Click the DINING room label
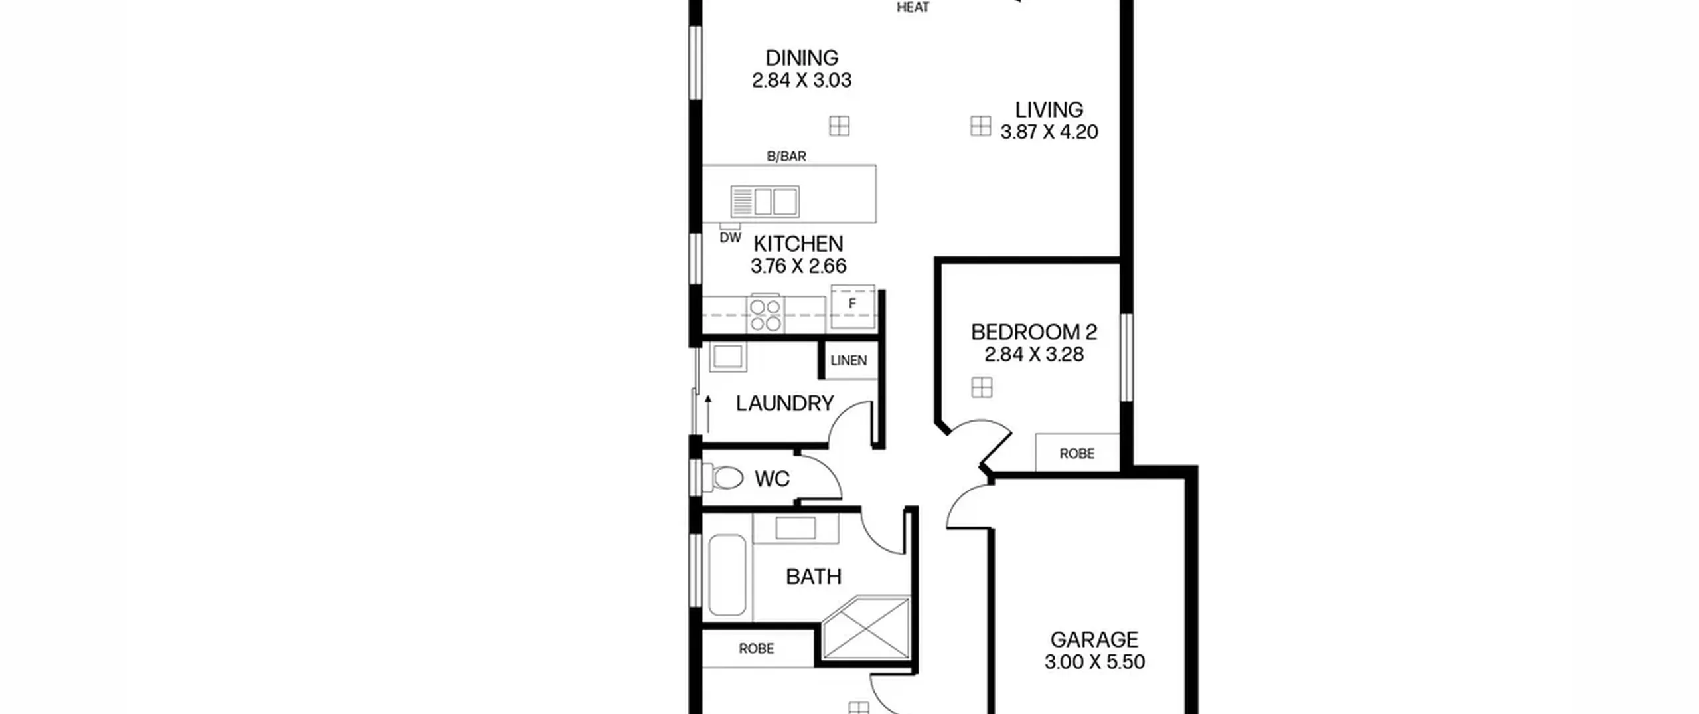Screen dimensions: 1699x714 click(x=802, y=58)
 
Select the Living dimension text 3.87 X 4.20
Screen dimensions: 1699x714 click(x=1049, y=132)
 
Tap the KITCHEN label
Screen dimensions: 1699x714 click(x=798, y=244)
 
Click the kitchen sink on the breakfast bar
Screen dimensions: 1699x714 click(x=765, y=201)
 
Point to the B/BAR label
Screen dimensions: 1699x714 click(x=786, y=156)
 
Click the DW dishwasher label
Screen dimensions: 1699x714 click(x=730, y=238)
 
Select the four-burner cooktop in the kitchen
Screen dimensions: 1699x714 click(x=765, y=314)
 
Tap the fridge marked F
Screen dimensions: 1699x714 click(x=853, y=306)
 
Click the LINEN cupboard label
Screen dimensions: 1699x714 click(x=849, y=361)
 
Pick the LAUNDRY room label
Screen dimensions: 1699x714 click(x=784, y=403)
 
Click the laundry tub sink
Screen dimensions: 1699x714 click(x=728, y=357)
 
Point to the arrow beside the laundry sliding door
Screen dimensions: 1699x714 click(x=708, y=414)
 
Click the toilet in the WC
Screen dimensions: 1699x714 click(x=723, y=478)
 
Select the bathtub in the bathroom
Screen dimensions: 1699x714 click(x=727, y=575)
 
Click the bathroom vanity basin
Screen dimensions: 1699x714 click(x=796, y=529)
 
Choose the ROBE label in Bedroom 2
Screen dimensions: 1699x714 click(x=1076, y=454)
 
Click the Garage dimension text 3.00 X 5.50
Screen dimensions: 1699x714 click(x=1094, y=662)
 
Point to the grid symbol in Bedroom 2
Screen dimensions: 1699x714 click(x=982, y=387)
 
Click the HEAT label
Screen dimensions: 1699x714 click(x=913, y=8)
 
